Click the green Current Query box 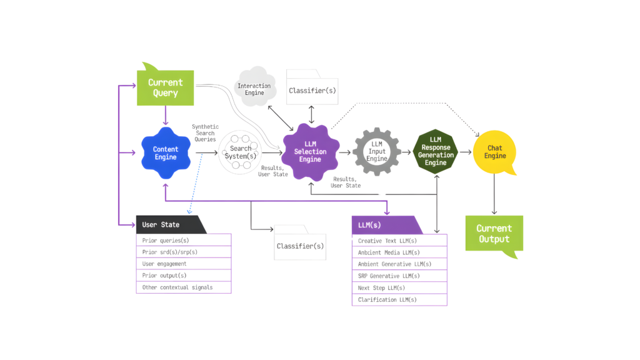click(166, 87)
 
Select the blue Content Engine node click(166, 153)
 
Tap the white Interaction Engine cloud click(254, 88)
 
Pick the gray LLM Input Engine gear click(376, 152)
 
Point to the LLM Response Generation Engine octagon click(436, 151)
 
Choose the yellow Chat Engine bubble click(495, 152)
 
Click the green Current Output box click(494, 234)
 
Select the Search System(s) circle click(241, 152)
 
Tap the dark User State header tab click(169, 224)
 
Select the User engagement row click(184, 264)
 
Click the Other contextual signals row click(184, 287)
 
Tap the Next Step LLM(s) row click(400, 287)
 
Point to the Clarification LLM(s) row click(400, 299)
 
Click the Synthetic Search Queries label click(204, 132)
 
